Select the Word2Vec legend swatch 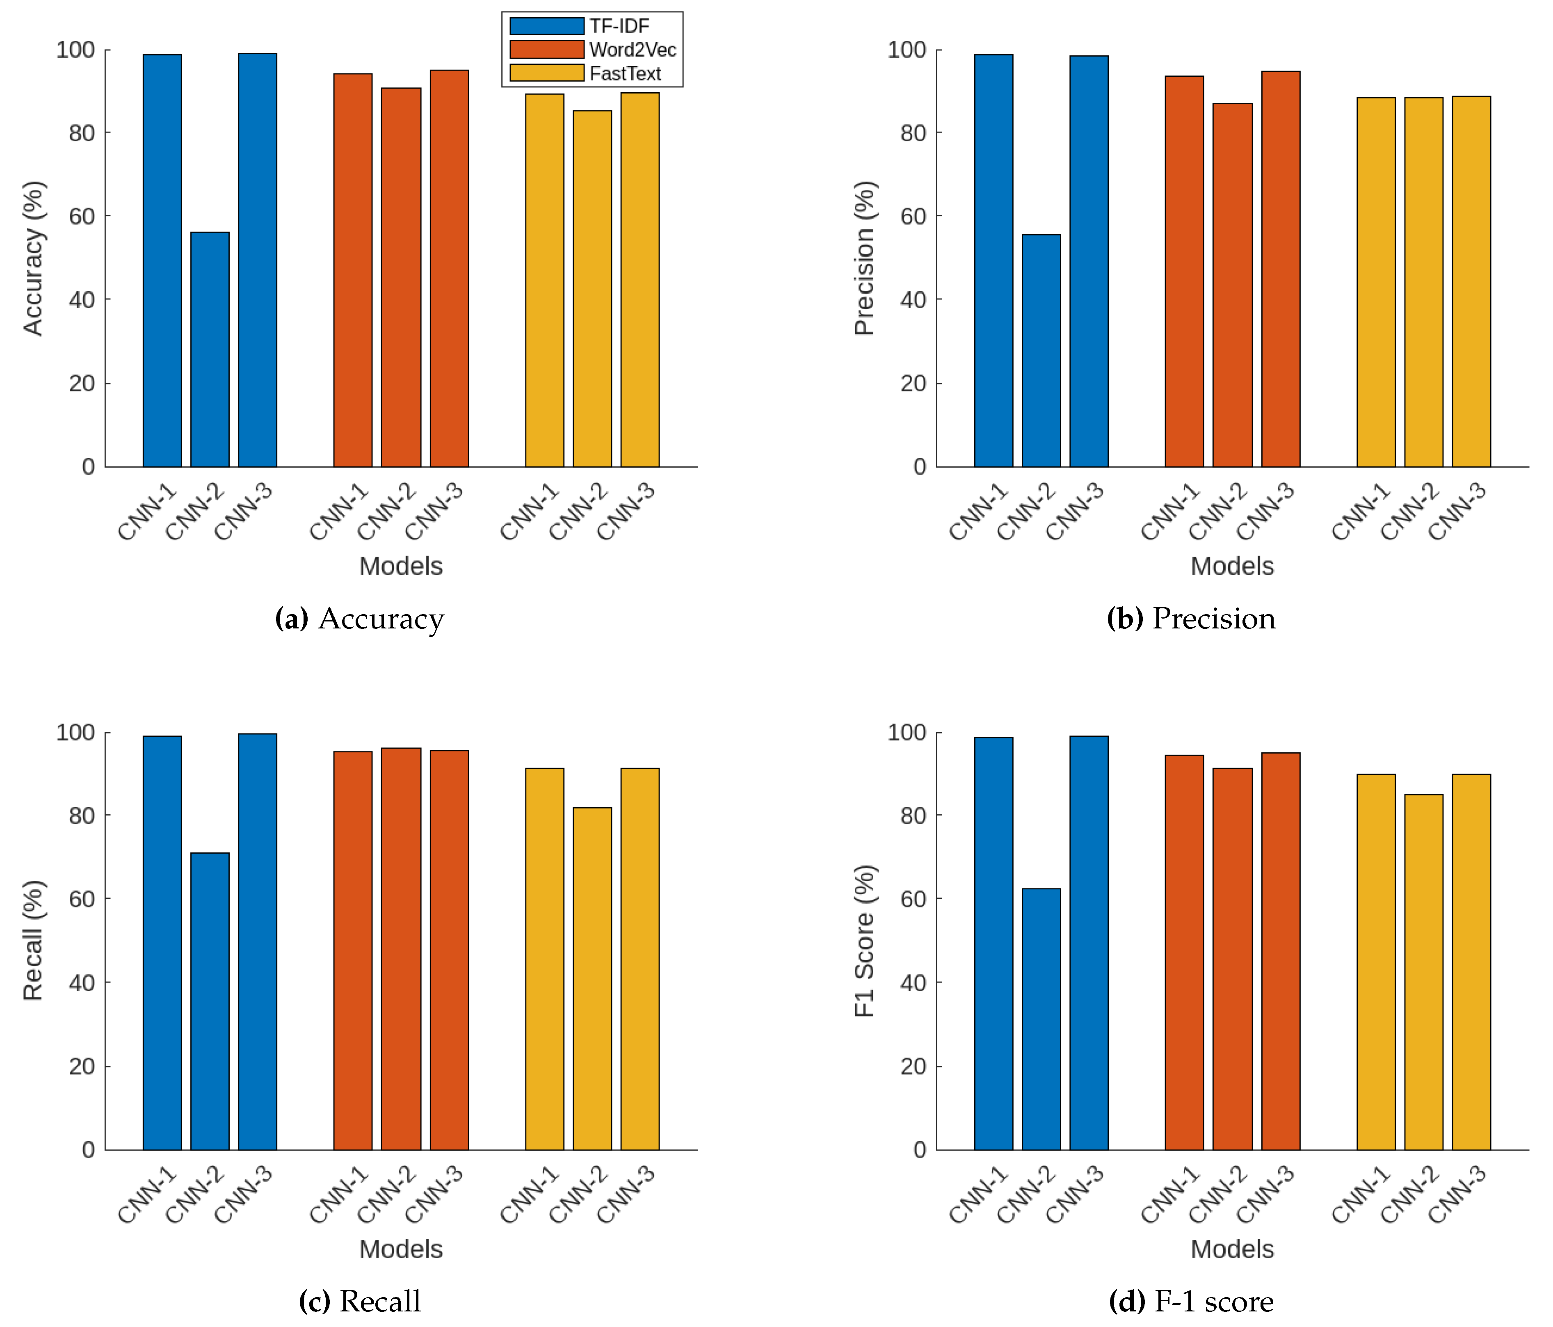[x=546, y=50]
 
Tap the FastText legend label [x=625, y=73]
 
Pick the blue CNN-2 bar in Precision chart [x=1041, y=351]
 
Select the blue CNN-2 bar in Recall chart [x=210, y=1001]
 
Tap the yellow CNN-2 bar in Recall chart [x=592, y=978]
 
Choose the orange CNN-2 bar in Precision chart [x=1232, y=285]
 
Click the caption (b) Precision [x=1191, y=619]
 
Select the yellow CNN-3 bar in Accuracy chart [x=640, y=280]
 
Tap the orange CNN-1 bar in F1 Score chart [x=1184, y=952]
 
